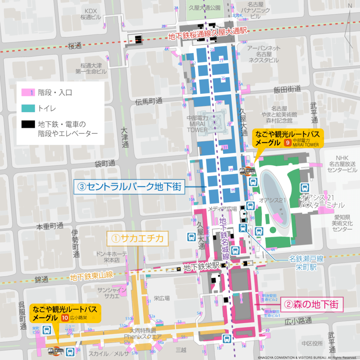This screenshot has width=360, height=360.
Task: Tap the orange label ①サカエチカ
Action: click(138, 239)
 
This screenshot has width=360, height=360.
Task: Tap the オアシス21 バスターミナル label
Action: click(322, 201)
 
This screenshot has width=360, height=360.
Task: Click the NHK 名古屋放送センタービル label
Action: click(341, 164)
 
